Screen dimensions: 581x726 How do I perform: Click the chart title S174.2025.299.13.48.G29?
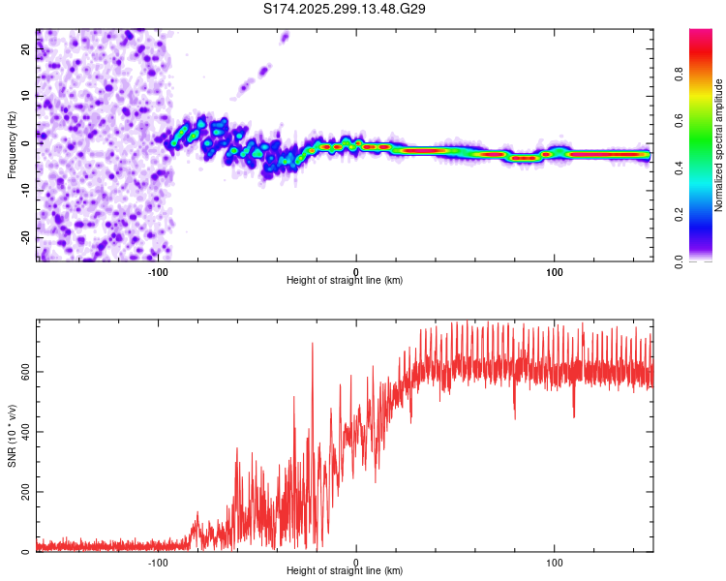pos(346,9)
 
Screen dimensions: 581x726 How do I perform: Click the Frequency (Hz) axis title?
pos(13,144)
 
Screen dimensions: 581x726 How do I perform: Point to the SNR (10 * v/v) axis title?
pos(13,437)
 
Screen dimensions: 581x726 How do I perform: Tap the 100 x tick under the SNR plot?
pos(555,563)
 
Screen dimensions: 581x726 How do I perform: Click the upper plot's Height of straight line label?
pos(345,281)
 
